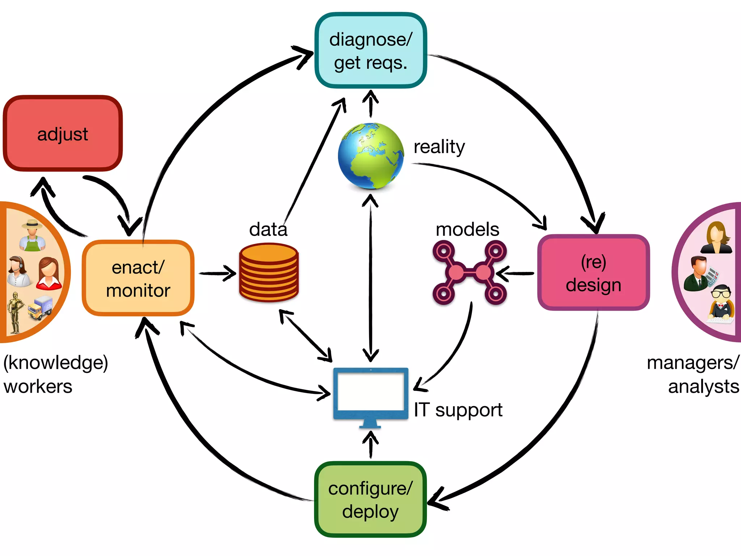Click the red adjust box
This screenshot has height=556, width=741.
pos(63,134)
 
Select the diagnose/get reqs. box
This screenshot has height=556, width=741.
pos(370,51)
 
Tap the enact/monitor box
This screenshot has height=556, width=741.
pos(138,278)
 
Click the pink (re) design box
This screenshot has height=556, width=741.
pos(593,273)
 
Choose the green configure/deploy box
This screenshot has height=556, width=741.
pos(370,500)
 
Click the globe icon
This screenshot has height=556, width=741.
pos(370,156)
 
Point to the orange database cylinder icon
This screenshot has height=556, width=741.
pos(269,273)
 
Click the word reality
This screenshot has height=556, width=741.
pos(439,147)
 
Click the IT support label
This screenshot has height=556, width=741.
pos(458,410)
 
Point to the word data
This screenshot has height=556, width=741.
pos(268,229)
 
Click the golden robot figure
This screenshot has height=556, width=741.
pos(15,312)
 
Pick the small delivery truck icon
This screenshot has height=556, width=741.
pos(41,308)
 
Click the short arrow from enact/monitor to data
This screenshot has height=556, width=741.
pos(217,273)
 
